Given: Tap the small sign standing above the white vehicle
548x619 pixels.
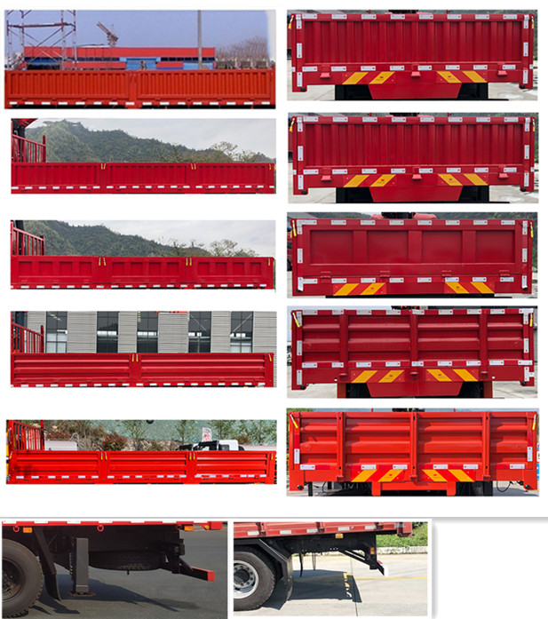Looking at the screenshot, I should pos(206,433).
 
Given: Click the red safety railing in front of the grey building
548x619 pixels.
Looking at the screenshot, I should pos(27,337).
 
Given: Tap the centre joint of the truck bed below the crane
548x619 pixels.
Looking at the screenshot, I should pos(134,86).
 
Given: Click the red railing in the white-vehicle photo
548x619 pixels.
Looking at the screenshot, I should pos(24,435).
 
